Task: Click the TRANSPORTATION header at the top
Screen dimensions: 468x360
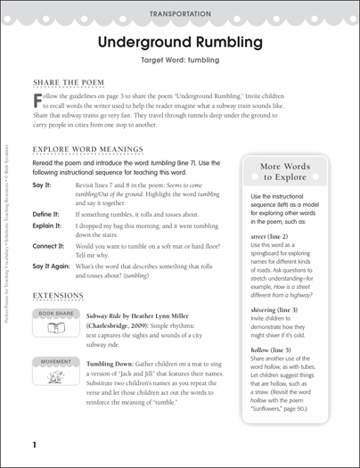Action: pyautogui.click(x=180, y=14)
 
